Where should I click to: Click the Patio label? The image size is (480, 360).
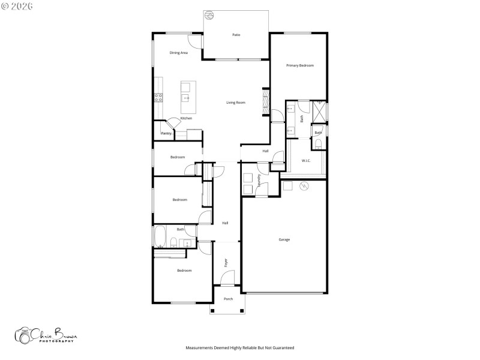coord(236,35)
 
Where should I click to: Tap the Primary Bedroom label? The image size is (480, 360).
coord(299,65)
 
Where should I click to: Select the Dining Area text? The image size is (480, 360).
coord(179,53)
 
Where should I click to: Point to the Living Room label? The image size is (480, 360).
coord(236,103)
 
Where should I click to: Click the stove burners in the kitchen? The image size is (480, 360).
coord(158,97)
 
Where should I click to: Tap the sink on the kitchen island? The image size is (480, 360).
coord(187,98)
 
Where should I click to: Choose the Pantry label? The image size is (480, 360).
coord(166,133)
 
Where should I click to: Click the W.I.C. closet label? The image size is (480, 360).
coord(305,160)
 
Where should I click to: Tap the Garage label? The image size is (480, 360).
coord(284,239)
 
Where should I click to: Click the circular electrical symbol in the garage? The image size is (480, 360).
coord(304,186)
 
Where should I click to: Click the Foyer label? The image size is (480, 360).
coord(226,262)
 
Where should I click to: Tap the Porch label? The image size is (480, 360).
coord(228,299)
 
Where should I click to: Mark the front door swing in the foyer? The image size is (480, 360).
coord(227,278)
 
